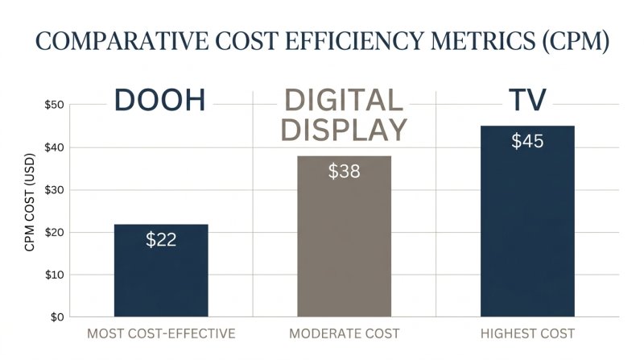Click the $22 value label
(x=161, y=239)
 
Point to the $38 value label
(x=344, y=172)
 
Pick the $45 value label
(x=527, y=142)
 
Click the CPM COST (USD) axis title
(x=30, y=210)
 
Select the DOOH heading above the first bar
(x=160, y=101)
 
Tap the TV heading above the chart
(x=527, y=100)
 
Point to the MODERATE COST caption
(x=344, y=333)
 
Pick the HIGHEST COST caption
(x=528, y=333)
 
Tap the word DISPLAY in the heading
(x=344, y=129)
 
